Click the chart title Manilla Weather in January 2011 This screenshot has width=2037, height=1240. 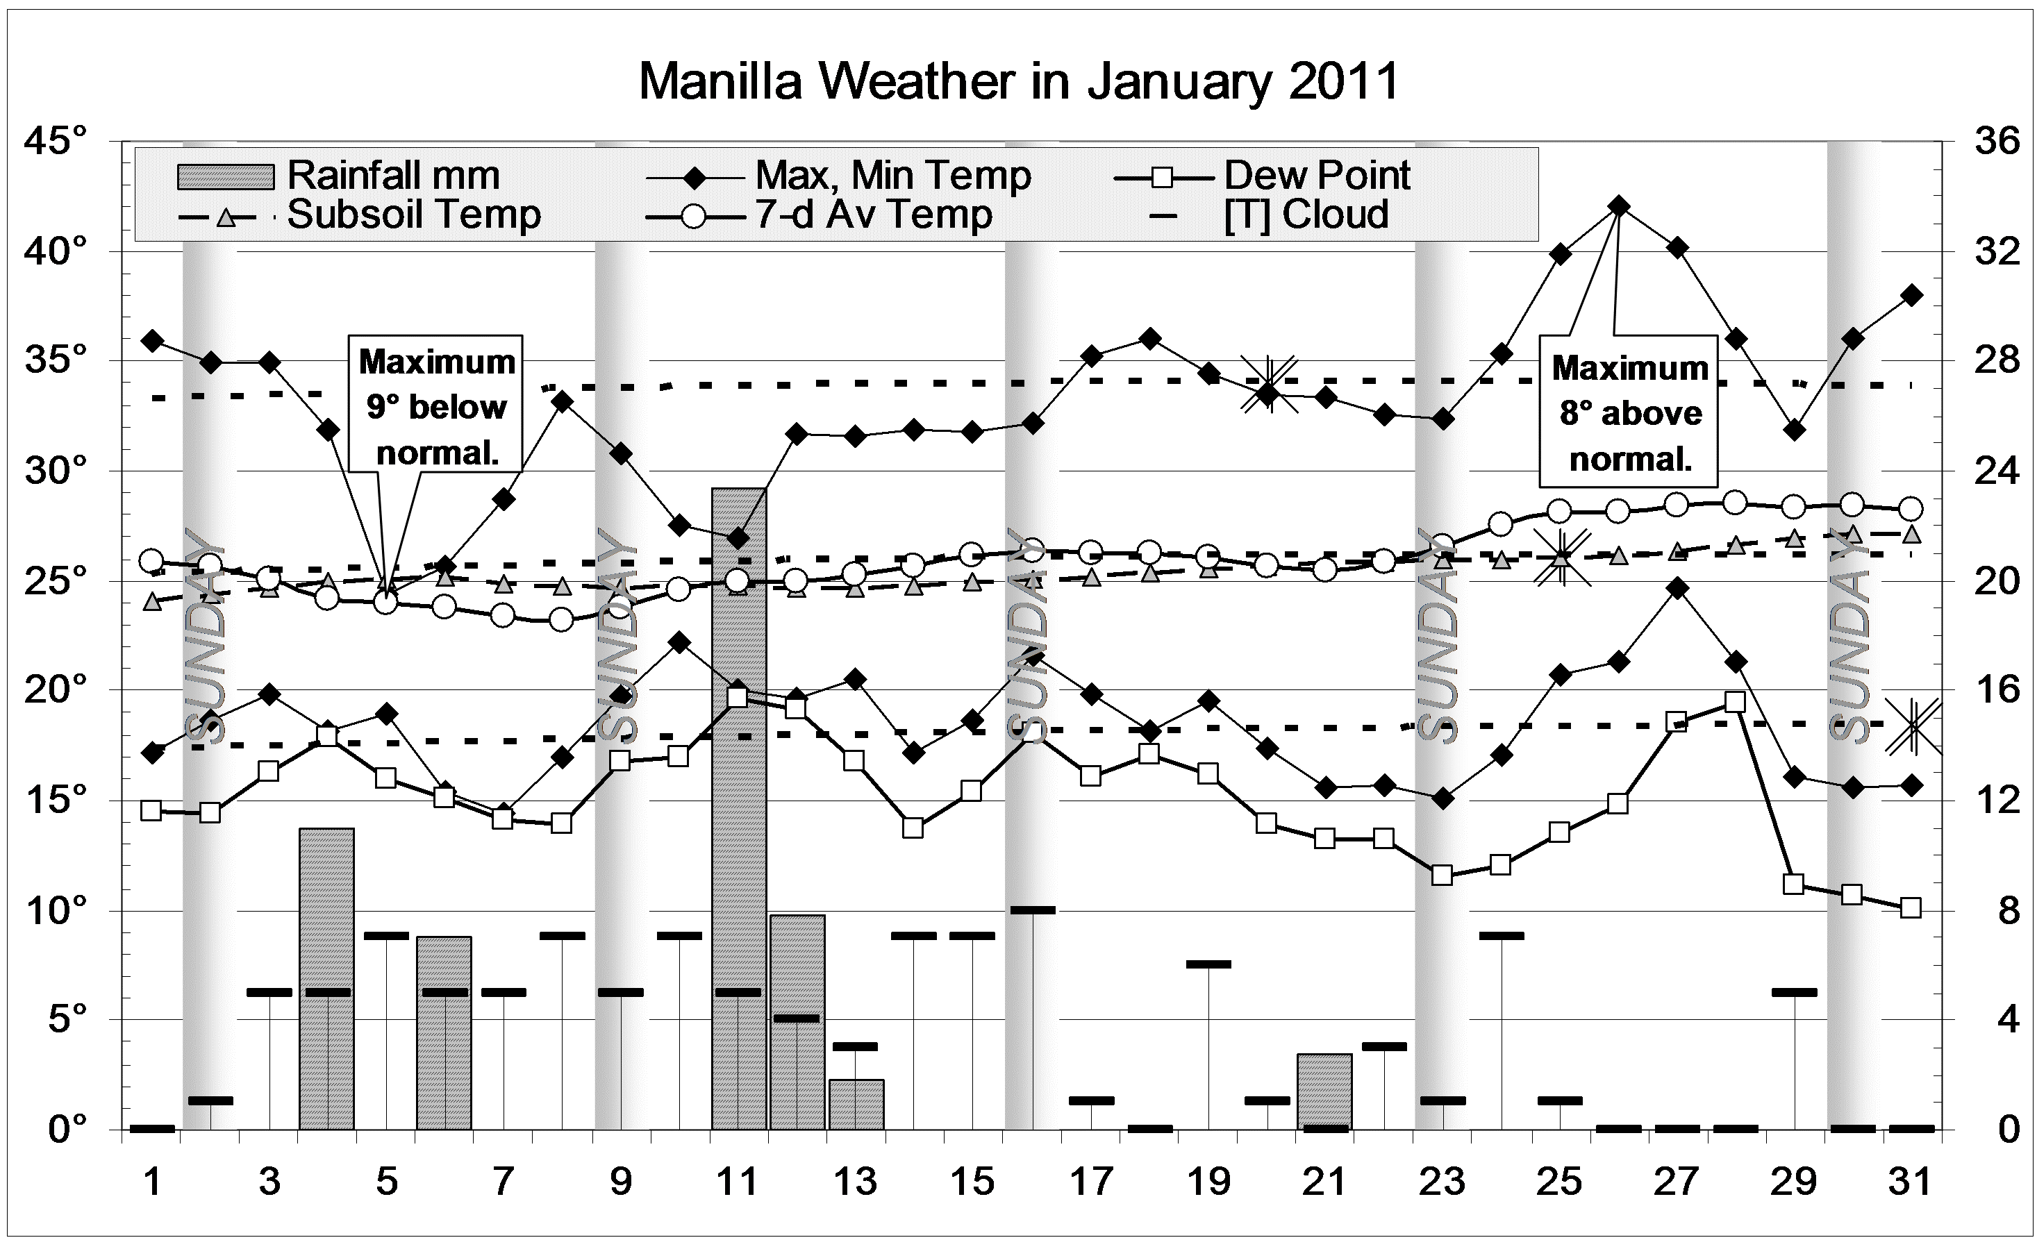1018,82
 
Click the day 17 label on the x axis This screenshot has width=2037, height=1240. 1090,1182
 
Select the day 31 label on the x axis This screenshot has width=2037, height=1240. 1911,1182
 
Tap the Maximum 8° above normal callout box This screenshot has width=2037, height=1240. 1629,412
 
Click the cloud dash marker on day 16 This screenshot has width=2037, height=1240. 1033,910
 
